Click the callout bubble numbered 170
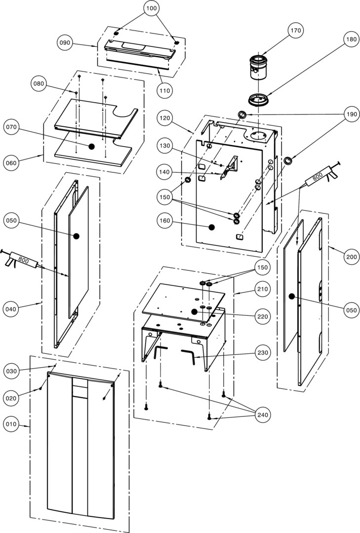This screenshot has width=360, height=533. (x=295, y=31)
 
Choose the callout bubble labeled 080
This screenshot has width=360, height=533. (x=40, y=84)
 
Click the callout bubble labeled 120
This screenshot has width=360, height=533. (x=165, y=118)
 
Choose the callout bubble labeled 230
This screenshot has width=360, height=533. (x=262, y=353)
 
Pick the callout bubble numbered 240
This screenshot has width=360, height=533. (x=262, y=415)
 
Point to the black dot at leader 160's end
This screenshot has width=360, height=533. (x=211, y=227)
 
